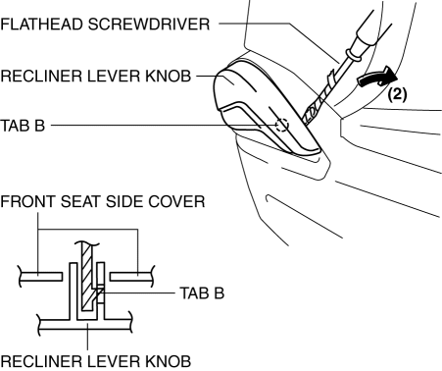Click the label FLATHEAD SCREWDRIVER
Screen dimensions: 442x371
click(x=105, y=25)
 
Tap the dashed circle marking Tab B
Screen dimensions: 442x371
click(x=281, y=125)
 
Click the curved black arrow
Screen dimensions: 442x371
click(x=377, y=78)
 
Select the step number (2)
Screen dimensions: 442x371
click(x=397, y=94)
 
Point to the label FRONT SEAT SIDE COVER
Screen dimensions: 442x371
click(x=103, y=201)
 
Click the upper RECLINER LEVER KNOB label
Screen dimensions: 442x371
click(x=95, y=76)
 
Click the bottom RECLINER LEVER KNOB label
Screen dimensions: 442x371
click(x=95, y=361)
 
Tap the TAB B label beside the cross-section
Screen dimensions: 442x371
click(x=202, y=293)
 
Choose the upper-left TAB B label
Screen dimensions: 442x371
click(x=23, y=126)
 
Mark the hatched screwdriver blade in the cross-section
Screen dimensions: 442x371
click(x=87, y=277)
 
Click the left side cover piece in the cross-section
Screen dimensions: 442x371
click(x=41, y=277)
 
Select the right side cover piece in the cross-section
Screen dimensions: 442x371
click(x=131, y=276)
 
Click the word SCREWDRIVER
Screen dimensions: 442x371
click(x=149, y=25)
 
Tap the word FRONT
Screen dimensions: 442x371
click(x=27, y=201)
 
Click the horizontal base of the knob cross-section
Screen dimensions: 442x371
click(x=85, y=324)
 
